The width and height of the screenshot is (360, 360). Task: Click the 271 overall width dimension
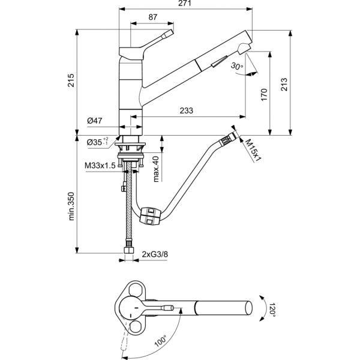point(184,3)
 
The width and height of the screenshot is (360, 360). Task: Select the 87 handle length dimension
point(152,17)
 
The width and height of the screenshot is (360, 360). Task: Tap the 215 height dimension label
point(71,80)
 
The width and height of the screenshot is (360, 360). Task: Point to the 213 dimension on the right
point(284,85)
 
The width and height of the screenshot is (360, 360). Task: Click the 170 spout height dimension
point(264,95)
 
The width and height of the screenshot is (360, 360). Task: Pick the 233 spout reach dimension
point(186,110)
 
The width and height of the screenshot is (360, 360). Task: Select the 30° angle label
point(237,66)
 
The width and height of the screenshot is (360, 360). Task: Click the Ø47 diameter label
point(95,121)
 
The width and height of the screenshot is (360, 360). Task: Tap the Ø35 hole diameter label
point(97,142)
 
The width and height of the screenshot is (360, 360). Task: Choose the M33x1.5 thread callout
point(100,166)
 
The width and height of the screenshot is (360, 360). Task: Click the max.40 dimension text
point(155,169)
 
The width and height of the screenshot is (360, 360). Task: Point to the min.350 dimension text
point(71,206)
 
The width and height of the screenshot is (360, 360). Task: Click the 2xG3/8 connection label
point(155,254)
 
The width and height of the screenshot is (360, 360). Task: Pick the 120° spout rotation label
point(272,310)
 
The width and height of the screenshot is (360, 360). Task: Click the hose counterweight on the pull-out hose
point(149,215)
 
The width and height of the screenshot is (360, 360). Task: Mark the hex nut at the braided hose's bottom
point(129,250)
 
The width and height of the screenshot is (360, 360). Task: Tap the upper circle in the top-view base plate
point(135,290)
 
